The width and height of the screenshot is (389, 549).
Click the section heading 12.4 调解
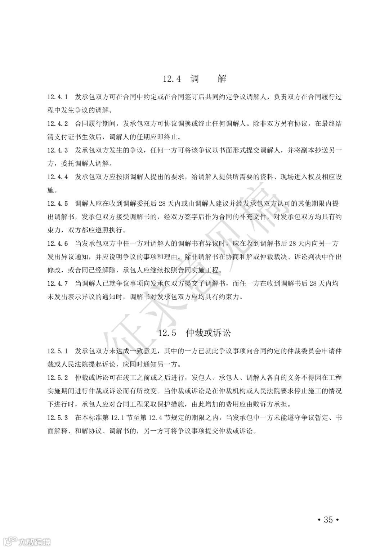tap(194, 78)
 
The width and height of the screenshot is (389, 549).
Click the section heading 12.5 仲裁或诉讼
tap(194, 333)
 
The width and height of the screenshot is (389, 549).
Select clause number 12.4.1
tap(58, 97)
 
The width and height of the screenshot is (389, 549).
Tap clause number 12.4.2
tap(58, 124)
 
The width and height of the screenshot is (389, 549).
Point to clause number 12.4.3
tap(58, 150)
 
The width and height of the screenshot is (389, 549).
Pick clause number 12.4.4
tap(58, 177)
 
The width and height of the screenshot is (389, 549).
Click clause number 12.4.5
tap(58, 204)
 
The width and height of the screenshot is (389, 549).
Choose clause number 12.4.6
tap(58, 244)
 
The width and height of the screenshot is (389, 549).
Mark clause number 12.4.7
tap(58, 283)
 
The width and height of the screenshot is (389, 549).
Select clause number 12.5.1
tap(58, 350)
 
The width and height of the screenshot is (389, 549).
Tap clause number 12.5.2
tap(58, 377)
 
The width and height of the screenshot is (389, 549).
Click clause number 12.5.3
tap(58, 417)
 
